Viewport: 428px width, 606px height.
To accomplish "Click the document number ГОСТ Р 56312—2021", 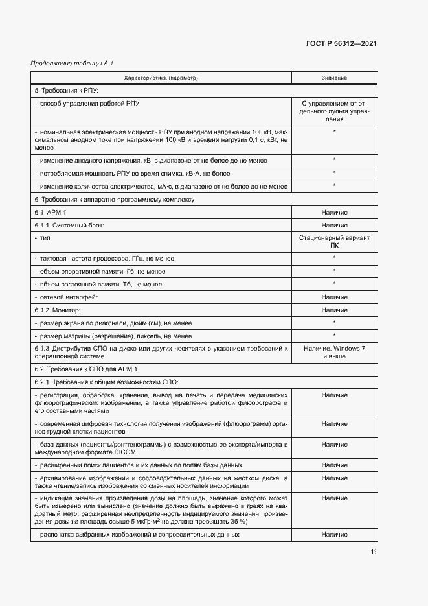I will tap(342, 43).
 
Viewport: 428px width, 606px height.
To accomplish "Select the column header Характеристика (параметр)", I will tap(161, 78).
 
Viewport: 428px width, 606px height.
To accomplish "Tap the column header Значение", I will tap(334, 78).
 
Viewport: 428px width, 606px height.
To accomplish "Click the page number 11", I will tap(374, 552).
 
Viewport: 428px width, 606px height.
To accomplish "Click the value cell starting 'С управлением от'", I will tap(334, 111).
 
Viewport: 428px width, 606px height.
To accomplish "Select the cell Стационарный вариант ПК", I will tap(334, 242).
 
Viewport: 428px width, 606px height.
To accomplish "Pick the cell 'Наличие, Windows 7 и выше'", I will tap(334, 353).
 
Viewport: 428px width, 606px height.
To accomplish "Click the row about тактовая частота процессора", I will tap(106, 259).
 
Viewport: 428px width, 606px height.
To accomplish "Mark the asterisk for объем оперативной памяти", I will tap(334, 271).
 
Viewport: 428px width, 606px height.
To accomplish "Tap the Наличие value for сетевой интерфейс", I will tap(334, 297).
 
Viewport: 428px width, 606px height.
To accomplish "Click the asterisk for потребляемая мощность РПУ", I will tap(334, 173).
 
